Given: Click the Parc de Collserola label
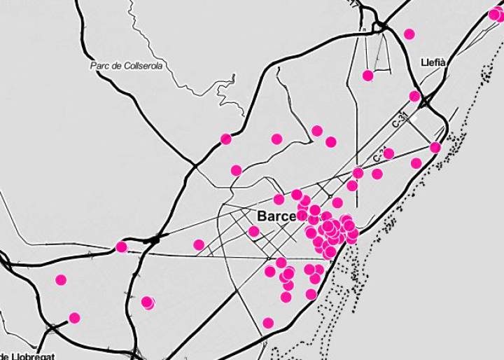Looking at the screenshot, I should (126, 66).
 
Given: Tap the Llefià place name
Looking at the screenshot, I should (433, 62).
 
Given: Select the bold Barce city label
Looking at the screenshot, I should (276, 216).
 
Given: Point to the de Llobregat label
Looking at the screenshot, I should (28, 355).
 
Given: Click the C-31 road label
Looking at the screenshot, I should (400, 118).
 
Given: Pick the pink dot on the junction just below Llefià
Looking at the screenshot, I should (414, 96).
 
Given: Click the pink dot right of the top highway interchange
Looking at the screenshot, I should (409, 34).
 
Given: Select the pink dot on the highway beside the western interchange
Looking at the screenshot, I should (121, 247).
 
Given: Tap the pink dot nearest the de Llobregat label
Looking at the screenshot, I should (74, 318).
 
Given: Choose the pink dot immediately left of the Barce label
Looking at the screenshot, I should (253, 231).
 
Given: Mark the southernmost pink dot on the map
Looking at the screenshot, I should (268, 323).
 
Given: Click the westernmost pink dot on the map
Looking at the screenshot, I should (61, 280).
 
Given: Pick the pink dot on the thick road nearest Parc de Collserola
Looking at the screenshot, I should (225, 139).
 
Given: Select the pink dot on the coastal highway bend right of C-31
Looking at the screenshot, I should (435, 147).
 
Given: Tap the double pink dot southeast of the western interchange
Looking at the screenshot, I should (147, 302).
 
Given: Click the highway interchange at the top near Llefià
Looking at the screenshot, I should (381, 26).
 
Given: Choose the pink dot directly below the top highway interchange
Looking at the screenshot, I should (367, 75).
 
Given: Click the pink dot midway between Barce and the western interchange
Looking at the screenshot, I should (199, 245).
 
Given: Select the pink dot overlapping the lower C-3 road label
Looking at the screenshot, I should (388, 153).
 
